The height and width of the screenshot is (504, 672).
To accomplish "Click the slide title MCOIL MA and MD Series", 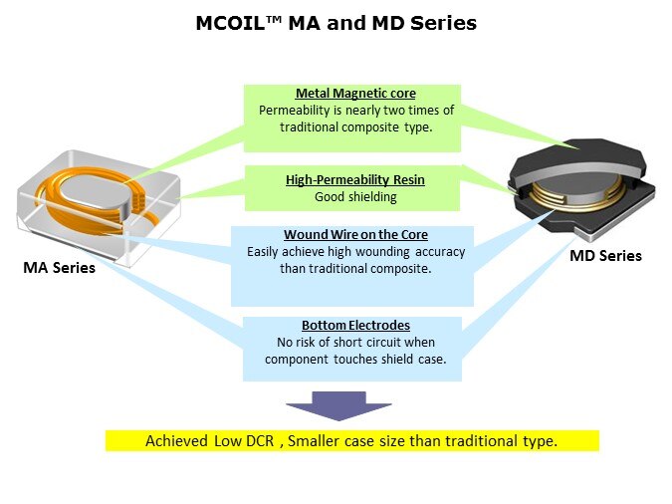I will [336, 23].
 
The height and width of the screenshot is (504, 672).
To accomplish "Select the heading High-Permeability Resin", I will [354, 180].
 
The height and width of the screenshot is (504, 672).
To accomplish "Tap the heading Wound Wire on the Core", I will [355, 235].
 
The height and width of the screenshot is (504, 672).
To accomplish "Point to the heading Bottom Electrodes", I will [355, 326].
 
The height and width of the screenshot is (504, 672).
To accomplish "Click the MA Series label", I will [59, 267].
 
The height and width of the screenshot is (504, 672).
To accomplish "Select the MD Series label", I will [605, 256].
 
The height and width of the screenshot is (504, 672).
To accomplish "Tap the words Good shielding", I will [355, 197].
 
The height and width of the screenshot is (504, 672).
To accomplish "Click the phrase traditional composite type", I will [355, 127].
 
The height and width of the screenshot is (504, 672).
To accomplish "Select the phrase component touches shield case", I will [355, 360].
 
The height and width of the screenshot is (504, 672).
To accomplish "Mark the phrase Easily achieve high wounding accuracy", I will [355, 252].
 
